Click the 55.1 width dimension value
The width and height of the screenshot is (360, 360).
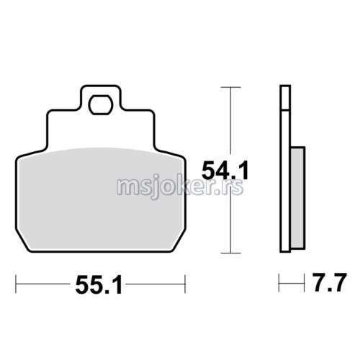tap(99, 285)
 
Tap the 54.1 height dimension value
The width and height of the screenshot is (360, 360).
tap(225, 171)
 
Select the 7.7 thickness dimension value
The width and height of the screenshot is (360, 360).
tap(330, 282)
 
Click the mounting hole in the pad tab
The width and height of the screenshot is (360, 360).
tap(101, 104)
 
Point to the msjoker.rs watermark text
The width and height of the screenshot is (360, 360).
tap(180, 187)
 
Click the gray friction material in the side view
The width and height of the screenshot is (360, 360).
tap(298, 198)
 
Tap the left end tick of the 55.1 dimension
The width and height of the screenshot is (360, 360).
tap(16, 284)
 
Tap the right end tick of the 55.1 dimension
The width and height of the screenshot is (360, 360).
tap(185, 284)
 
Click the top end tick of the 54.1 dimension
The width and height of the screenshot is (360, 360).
tap(230, 87)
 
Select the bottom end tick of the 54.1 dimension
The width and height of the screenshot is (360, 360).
tap(230, 253)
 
